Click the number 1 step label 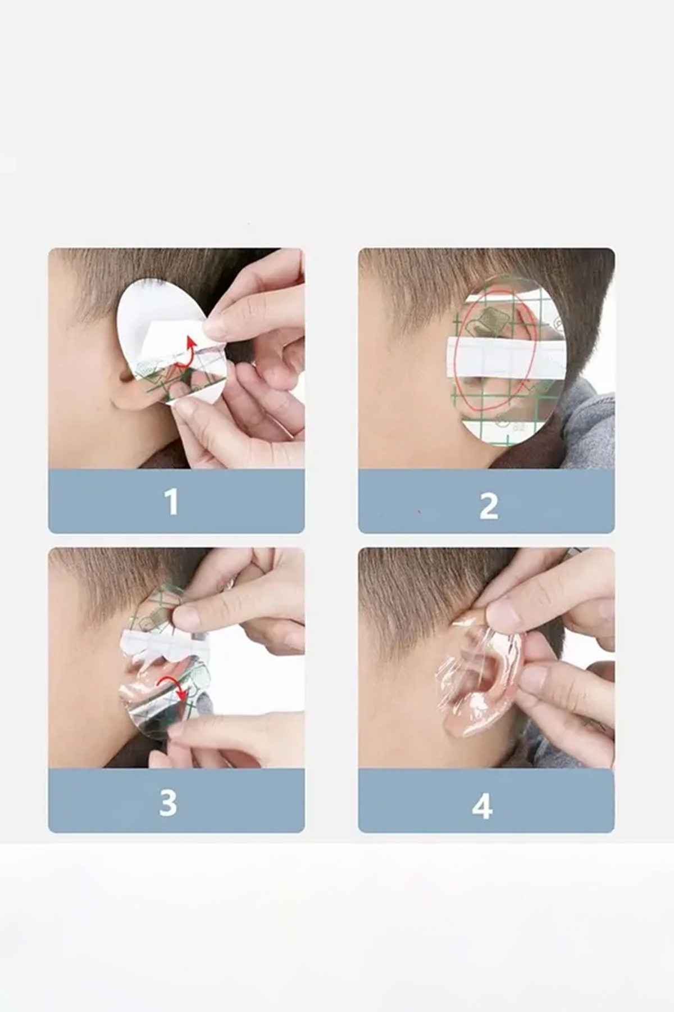click(x=171, y=502)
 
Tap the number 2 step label click(x=489, y=505)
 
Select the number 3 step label click(x=168, y=802)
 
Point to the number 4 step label click(x=482, y=807)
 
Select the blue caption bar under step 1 click(x=176, y=501)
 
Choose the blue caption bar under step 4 click(x=486, y=801)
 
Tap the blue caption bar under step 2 click(x=486, y=501)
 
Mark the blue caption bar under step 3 click(x=176, y=801)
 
